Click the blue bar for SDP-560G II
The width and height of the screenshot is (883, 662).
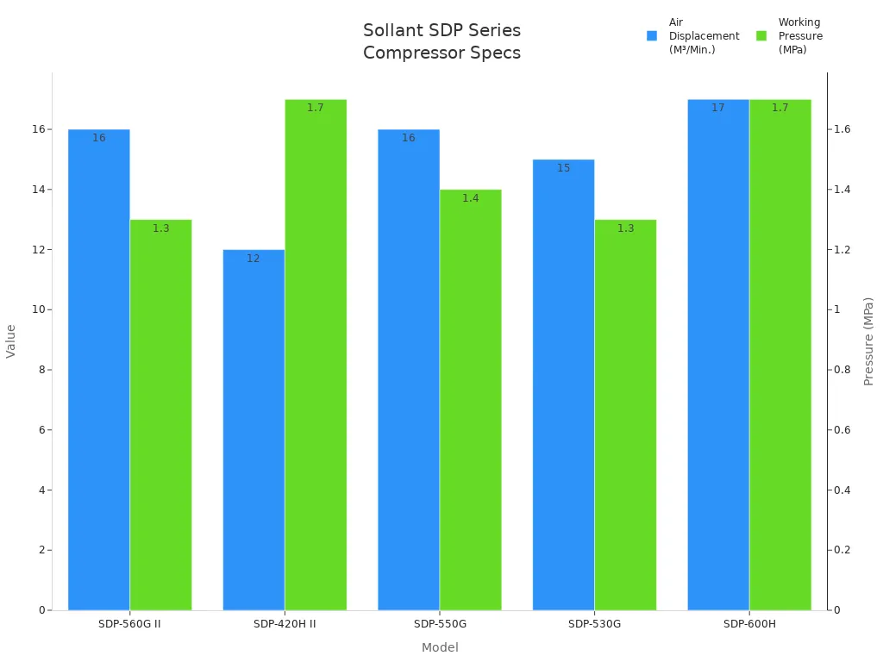(99, 370)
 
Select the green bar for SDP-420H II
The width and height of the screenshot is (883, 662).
(316, 354)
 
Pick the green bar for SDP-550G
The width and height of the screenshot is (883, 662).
(470, 400)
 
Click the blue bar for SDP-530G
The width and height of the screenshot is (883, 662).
(563, 384)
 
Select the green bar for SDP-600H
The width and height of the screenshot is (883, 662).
(780, 354)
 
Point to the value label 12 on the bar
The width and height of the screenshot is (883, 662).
(254, 259)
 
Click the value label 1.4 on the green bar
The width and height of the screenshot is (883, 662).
(470, 198)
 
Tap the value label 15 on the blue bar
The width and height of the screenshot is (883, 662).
(563, 168)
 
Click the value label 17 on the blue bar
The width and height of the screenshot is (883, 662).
(718, 108)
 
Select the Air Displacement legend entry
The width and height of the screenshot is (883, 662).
(694, 36)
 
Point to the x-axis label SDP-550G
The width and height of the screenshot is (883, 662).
(440, 624)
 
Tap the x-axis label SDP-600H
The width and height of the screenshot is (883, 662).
(749, 624)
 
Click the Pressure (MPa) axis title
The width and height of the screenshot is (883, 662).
(868, 341)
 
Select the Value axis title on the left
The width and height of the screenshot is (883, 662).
(11, 341)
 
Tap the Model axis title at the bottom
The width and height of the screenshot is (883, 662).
(440, 647)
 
